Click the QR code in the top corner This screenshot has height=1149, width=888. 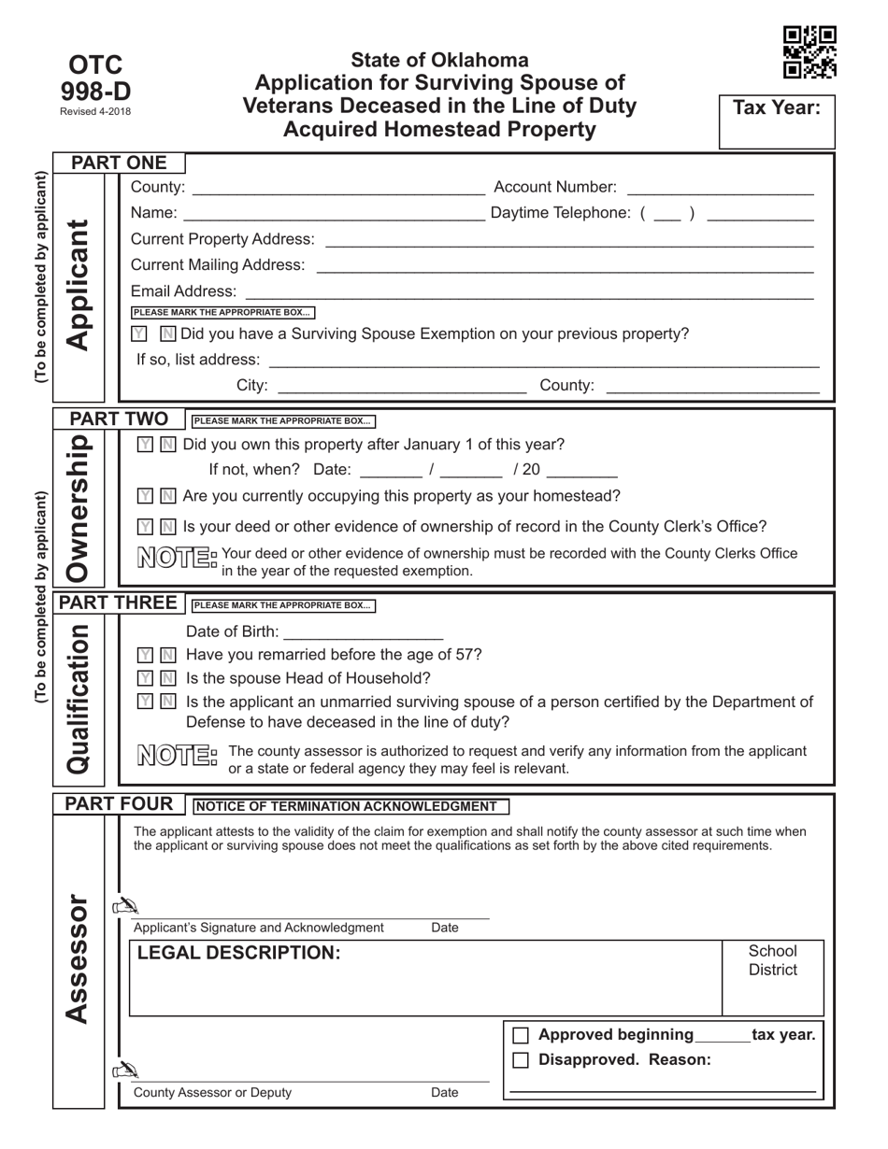pos(809,52)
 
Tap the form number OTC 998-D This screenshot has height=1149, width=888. pos(96,78)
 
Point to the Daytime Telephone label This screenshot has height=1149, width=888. pos(560,213)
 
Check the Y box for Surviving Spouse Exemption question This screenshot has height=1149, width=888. pos(139,334)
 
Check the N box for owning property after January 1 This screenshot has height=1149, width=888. pos(167,445)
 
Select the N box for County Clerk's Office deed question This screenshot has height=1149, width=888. pos(167,528)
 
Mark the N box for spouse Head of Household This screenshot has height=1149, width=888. pos(167,679)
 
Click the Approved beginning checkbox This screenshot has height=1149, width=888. pos(522,1036)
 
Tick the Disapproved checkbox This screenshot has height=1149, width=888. pos(522,1060)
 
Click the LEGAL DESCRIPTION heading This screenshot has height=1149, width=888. pos(238,953)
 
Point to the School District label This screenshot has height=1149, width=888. pos(773,960)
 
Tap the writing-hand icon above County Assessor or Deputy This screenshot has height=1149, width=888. pos(124,1071)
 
